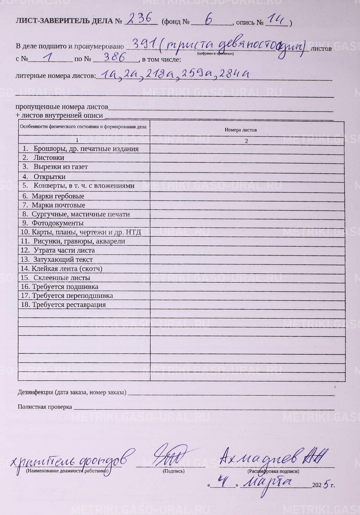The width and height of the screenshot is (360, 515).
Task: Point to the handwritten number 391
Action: click(x=144, y=44)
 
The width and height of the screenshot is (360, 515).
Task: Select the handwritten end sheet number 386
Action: click(x=115, y=58)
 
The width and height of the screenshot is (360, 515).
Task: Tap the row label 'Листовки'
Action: click(x=49, y=158)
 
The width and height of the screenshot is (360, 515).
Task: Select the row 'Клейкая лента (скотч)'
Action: click(x=67, y=268)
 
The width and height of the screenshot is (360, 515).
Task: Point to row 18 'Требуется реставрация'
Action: click(x=69, y=304)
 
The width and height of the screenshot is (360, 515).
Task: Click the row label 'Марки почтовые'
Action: click(x=58, y=205)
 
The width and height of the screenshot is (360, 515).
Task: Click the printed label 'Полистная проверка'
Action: click(x=45, y=407)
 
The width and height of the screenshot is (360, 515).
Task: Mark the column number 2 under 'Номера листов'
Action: click(x=246, y=141)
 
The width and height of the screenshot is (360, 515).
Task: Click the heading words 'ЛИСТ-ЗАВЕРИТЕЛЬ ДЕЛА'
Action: click(x=64, y=21)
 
